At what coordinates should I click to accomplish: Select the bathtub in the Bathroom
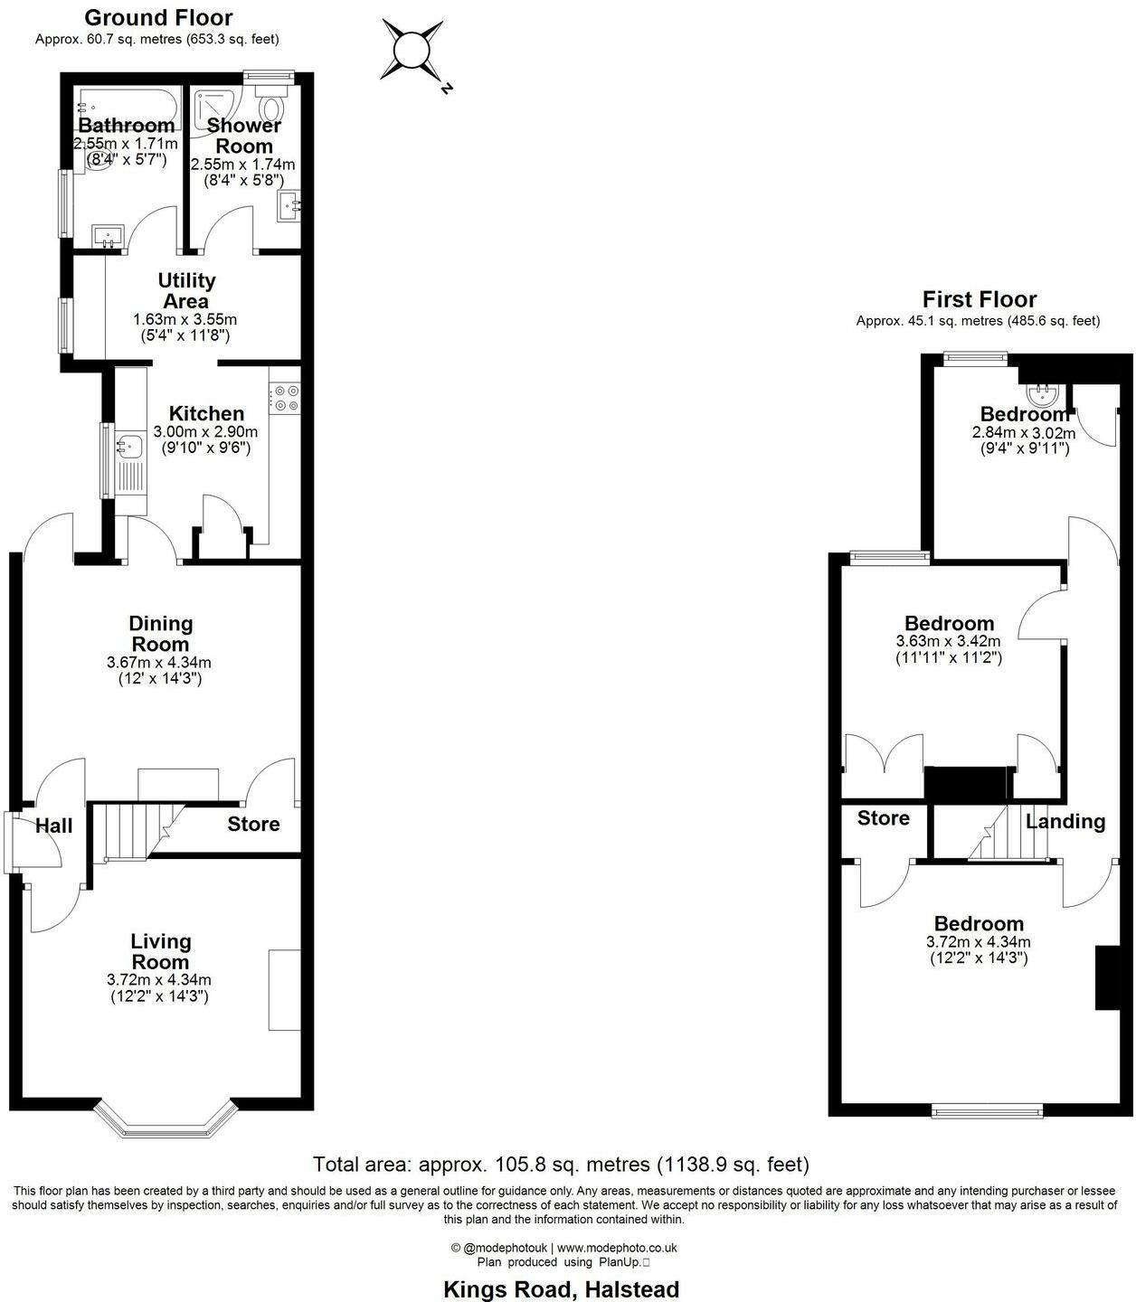coord(129,108)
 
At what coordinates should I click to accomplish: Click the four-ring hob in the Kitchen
coord(285,398)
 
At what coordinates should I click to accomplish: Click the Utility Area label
coord(186,290)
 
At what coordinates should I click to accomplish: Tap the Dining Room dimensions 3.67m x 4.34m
coord(159,662)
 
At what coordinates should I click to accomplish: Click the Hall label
coord(54,826)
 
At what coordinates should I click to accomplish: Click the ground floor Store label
coord(253,824)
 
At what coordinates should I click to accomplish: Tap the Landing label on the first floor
coord(1065,822)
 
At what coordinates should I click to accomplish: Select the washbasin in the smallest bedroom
coord(1042,394)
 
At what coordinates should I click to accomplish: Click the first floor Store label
coord(884,817)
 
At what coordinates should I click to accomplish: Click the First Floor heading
coord(980,298)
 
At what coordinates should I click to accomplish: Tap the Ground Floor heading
coord(158,17)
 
